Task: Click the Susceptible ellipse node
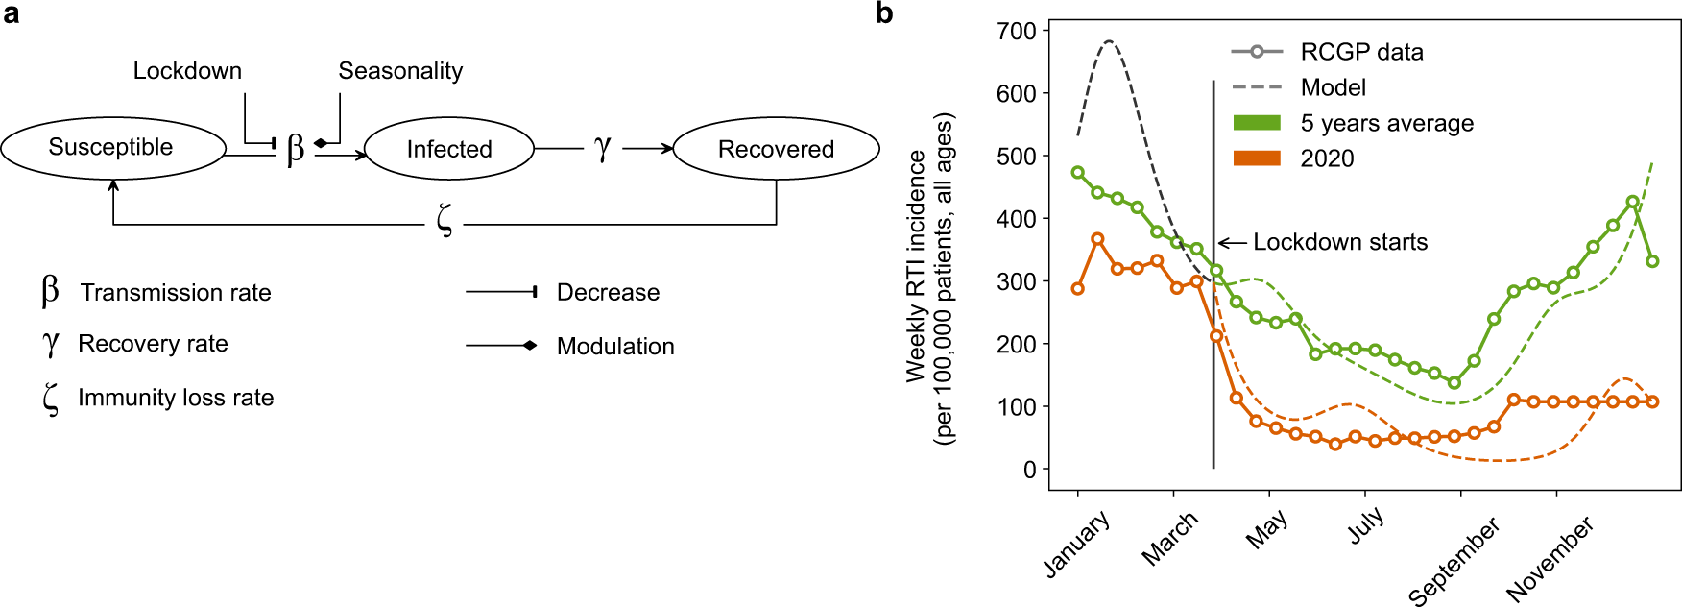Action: [x=112, y=148]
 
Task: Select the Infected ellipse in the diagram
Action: [x=448, y=149]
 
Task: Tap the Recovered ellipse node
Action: [x=776, y=149]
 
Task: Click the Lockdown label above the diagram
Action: [x=187, y=71]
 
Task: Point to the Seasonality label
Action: [x=400, y=71]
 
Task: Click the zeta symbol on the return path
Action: [x=444, y=220]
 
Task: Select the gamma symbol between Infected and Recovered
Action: [x=602, y=148]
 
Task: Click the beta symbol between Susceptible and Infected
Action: [x=296, y=149]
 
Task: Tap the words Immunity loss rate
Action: [x=176, y=398]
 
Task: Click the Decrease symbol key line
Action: [x=500, y=292]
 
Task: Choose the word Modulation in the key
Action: [x=615, y=347]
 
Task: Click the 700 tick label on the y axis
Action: [x=1017, y=32]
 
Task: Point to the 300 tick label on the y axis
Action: [x=1017, y=281]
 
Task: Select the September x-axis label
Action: [x=1454, y=561]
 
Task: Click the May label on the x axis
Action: [x=1267, y=529]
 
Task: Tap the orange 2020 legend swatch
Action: [x=1256, y=158]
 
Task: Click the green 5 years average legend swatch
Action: [x=1256, y=123]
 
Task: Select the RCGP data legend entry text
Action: [x=1361, y=52]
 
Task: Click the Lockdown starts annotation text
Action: [x=1340, y=242]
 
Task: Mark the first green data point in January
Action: [x=1078, y=173]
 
